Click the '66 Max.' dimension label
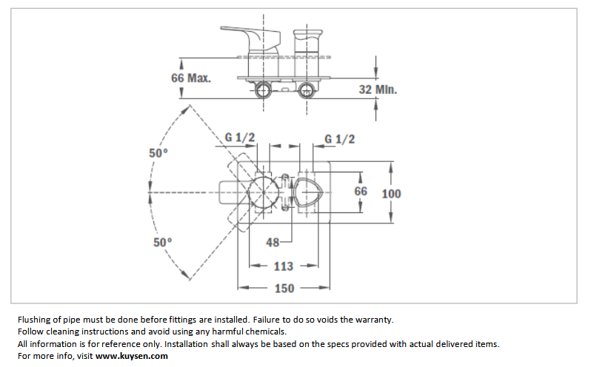click(191, 78)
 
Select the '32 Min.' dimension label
click(378, 90)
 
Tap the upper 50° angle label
click(158, 153)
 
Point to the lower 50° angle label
click(162, 242)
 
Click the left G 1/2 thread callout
click(240, 138)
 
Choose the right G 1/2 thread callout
click(340, 139)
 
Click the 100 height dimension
click(391, 194)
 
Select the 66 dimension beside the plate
click(361, 191)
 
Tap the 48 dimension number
click(273, 242)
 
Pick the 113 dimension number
click(284, 266)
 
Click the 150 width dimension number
click(284, 289)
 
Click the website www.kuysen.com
click(132, 356)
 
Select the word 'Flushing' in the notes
click(34, 320)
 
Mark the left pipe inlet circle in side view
click(263, 90)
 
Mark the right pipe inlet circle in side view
click(307, 90)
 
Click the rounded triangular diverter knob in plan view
click(308, 192)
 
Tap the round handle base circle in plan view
click(263, 192)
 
